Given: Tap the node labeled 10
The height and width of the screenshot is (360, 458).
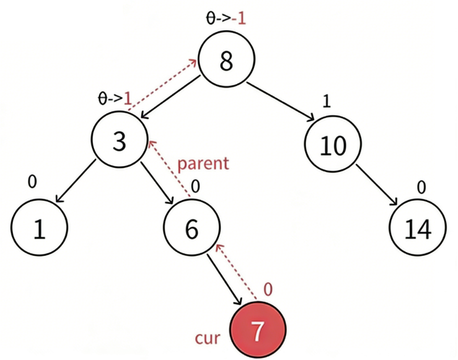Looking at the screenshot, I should pyautogui.click(x=333, y=145).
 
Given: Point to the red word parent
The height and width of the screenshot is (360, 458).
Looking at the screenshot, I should pyautogui.click(x=203, y=163).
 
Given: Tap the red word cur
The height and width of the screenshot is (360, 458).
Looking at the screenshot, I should pyautogui.click(x=208, y=337).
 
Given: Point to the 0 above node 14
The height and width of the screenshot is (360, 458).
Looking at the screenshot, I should pyautogui.click(x=421, y=188).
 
